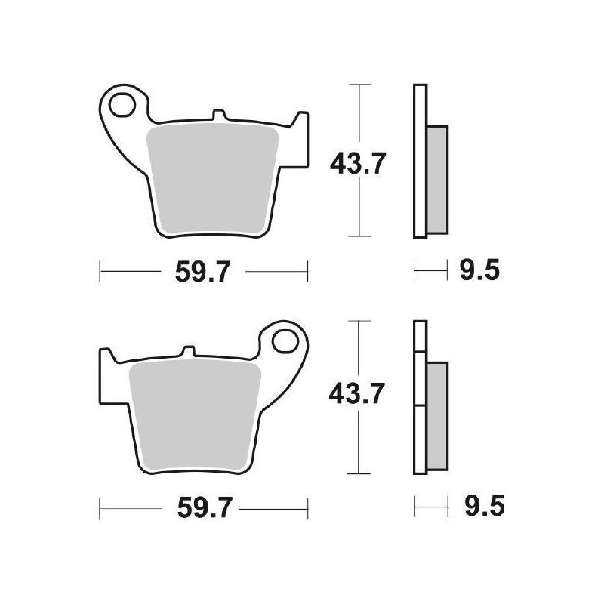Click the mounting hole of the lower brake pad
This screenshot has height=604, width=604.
[287, 339]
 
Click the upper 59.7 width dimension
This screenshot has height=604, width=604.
[202, 271]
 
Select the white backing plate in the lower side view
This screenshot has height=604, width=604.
[419, 397]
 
